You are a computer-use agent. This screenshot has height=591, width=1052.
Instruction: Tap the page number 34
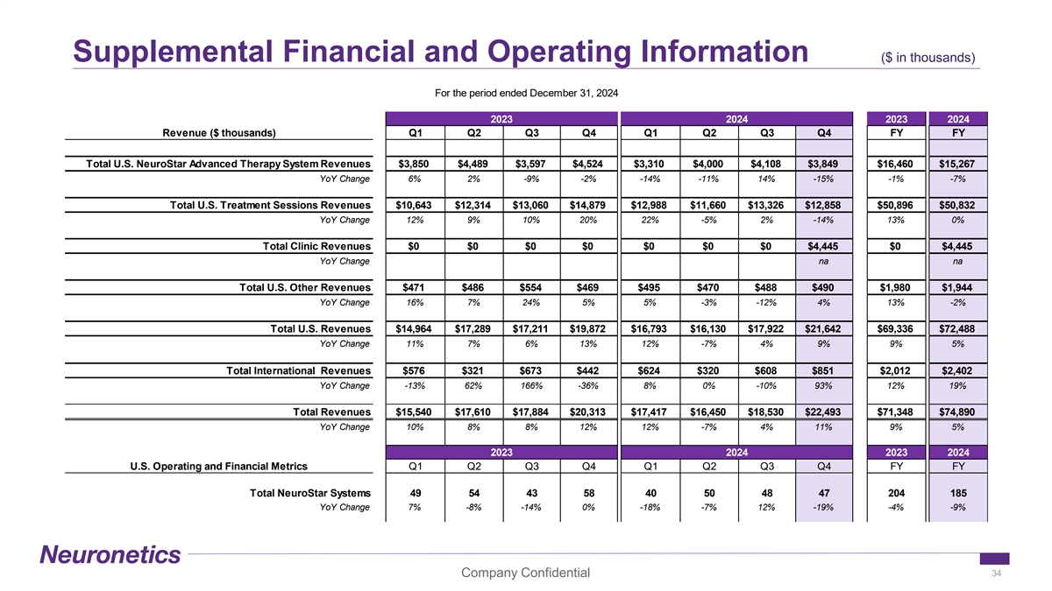(995, 573)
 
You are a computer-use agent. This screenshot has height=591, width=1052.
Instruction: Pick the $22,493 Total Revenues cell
(823, 412)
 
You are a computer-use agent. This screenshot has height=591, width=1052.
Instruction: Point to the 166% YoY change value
(530, 385)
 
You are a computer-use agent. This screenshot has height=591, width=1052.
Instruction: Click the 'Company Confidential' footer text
(525, 573)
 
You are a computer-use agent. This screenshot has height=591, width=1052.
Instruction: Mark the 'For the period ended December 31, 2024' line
(526, 94)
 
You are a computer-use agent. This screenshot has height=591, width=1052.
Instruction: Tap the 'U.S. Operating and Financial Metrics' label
(217, 466)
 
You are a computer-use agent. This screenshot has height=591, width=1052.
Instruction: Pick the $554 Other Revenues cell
(530, 287)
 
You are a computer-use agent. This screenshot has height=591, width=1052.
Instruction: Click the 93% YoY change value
(823, 385)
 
